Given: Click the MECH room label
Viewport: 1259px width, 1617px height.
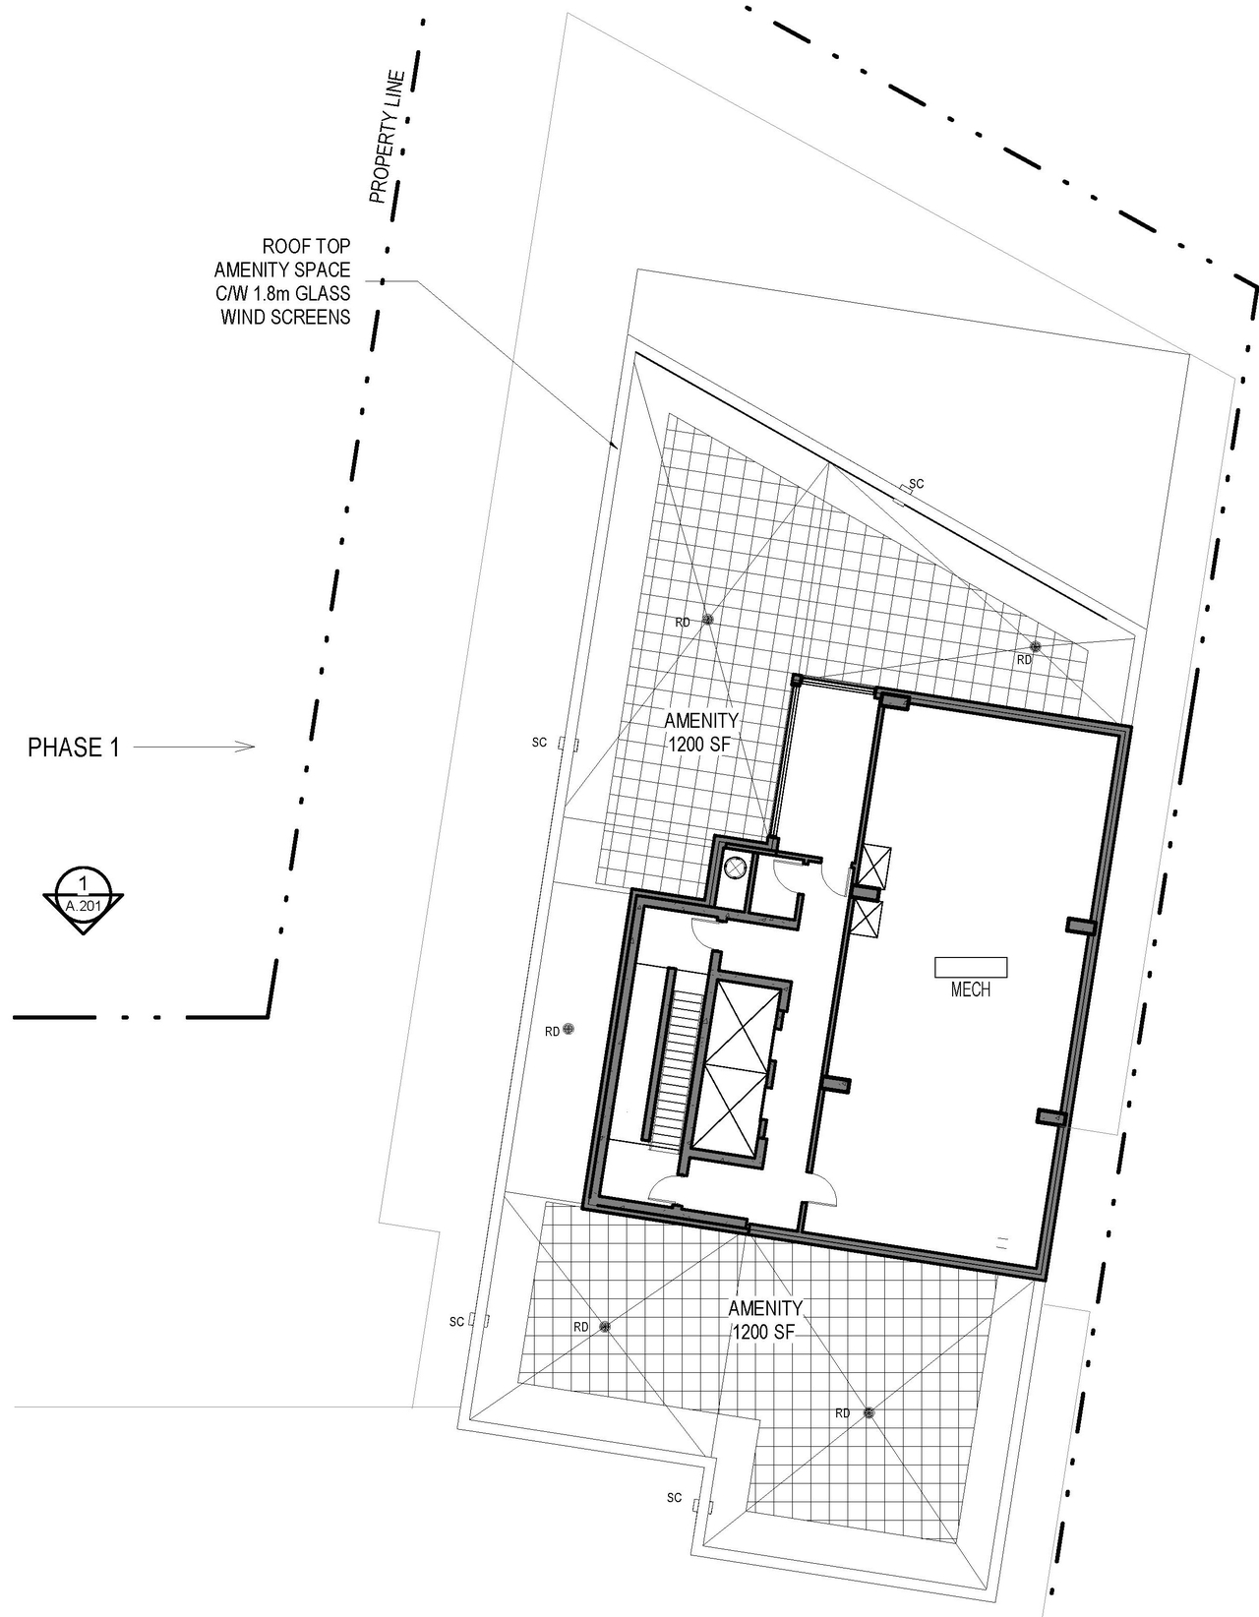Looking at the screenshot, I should [x=970, y=990].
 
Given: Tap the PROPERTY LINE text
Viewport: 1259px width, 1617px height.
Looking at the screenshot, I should [x=387, y=138].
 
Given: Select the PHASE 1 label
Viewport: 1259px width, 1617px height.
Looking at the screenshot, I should [x=74, y=748].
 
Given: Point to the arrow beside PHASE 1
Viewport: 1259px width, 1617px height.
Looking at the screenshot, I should [x=194, y=748].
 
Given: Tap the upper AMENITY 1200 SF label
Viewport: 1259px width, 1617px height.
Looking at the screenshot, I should [x=699, y=733].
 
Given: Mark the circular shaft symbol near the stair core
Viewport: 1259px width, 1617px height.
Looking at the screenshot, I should [x=735, y=868].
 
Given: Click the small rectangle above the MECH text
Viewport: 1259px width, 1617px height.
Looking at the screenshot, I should [x=971, y=967].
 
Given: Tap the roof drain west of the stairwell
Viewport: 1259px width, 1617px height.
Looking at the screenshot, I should [x=568, y=1030].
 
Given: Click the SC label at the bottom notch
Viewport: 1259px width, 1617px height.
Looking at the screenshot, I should [x=675, y=1498].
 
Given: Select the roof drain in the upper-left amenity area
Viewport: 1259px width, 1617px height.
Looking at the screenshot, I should [x=707, y=621].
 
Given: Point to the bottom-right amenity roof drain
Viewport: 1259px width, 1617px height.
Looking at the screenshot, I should [x=869, y=1413].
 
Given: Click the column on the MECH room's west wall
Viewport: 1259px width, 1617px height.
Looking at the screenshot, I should [x=836, y=1085].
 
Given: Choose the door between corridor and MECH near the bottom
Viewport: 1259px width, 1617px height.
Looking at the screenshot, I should [x=818, y=1190].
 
